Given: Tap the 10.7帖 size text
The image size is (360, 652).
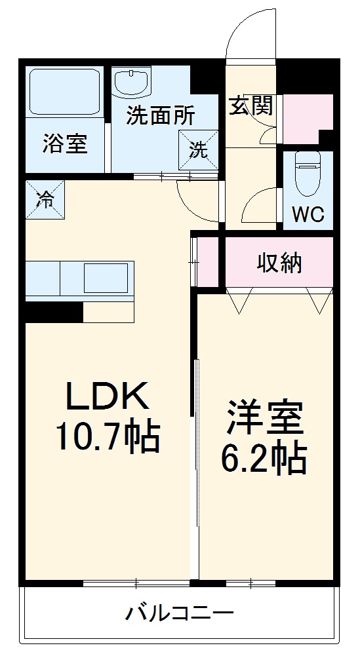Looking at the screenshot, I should pyautogui.click(x=108, y=438).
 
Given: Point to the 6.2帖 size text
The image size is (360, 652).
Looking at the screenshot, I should pyautogui.click(x=264, y=460).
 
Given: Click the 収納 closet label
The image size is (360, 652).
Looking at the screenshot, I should pyautogui.click(x=279, y=263).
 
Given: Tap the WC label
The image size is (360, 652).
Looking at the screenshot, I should pyautogui.click(x=308, y=214).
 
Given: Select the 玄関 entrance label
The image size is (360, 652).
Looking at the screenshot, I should pyautogui.click(x=251, y=106).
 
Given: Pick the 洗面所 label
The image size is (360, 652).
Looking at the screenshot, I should pyautogui.click(x=161, y=116).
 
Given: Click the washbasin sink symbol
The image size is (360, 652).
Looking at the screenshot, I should pyautogui.click(x=131, y=83).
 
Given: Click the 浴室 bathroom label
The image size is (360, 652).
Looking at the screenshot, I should pyautogui.click(x=65, y=143).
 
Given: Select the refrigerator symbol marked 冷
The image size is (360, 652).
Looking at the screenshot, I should pyautogui.click(x=46, y=200).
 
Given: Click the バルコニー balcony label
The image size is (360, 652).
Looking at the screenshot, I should pyautogui.click(x=179, y=614).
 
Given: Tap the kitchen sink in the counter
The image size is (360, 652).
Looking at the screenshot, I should pyautogui.click(x=105, y=278).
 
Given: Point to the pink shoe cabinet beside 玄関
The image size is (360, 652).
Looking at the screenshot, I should pyautogui.click(x=306, y=118).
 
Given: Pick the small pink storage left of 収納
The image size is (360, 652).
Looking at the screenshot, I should pyautogui.click(x=208, y=262).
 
